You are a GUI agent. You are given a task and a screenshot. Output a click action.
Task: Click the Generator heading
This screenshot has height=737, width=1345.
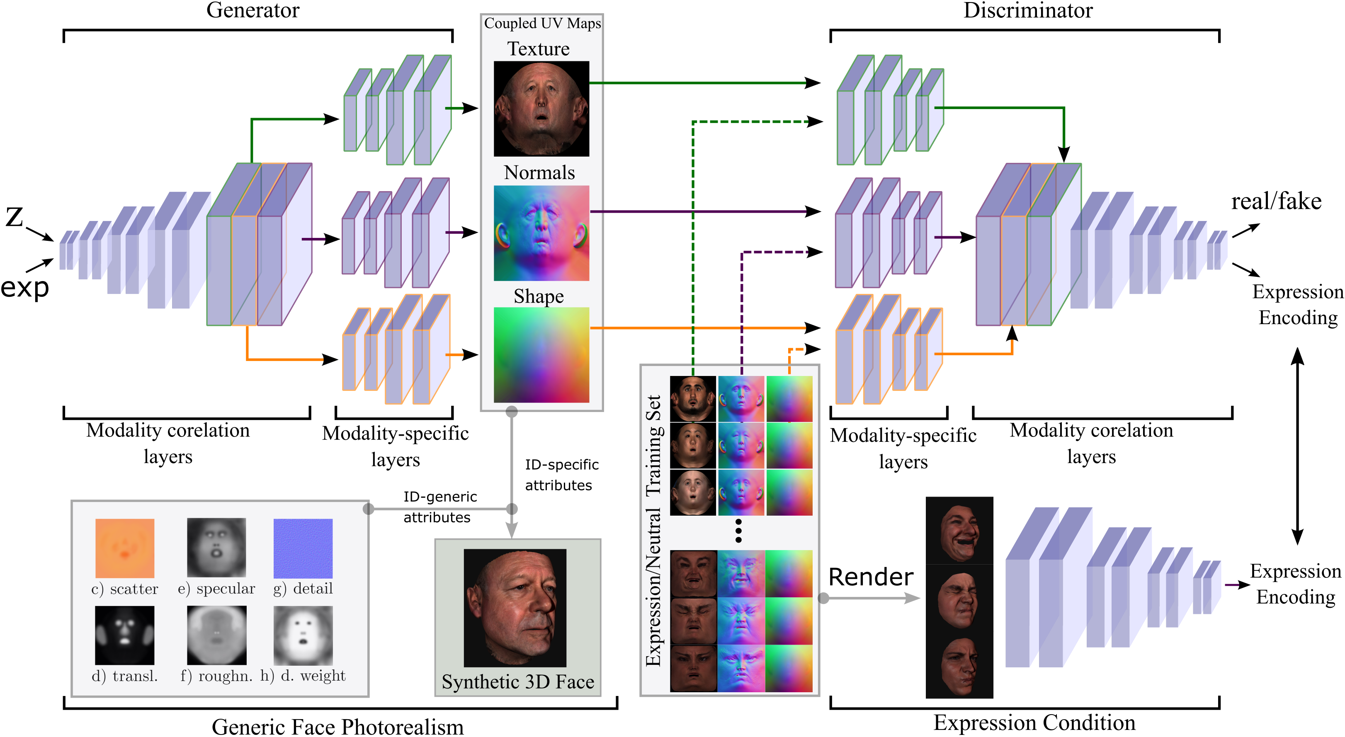coord(253,10)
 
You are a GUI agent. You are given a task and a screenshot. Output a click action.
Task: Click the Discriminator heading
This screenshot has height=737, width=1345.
coord(1027,10)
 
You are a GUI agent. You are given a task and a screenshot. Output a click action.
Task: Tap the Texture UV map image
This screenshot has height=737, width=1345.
coord(541,109)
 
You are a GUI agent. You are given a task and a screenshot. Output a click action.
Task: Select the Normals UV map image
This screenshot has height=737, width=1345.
coord(541,233)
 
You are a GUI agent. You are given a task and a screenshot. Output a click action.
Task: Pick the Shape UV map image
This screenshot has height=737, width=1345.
coord(541,355)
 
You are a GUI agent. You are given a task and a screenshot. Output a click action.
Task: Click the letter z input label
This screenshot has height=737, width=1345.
coord(15,217)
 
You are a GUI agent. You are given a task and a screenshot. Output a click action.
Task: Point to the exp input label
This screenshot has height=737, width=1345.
coord(24,287)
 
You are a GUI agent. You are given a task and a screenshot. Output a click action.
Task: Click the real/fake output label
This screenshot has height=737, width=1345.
coord(1276,201)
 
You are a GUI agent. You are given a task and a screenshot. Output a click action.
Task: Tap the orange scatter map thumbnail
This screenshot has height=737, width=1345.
coord(125,548)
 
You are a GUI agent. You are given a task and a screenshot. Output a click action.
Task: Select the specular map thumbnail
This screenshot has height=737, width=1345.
coord(216,547)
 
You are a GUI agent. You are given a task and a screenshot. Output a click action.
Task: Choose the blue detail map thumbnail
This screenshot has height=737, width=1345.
coord(303,548)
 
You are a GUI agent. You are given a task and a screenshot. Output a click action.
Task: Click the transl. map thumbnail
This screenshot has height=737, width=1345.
coord(125,635)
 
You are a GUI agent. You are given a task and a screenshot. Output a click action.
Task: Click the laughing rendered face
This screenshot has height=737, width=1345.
coord(959,531)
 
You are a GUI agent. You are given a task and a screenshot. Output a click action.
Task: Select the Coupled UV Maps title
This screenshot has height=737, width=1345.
coord(542,24)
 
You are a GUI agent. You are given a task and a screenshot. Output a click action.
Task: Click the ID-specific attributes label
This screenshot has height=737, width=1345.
coord(561,475)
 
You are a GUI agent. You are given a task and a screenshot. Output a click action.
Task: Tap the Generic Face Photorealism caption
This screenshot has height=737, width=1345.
coord(338,727)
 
